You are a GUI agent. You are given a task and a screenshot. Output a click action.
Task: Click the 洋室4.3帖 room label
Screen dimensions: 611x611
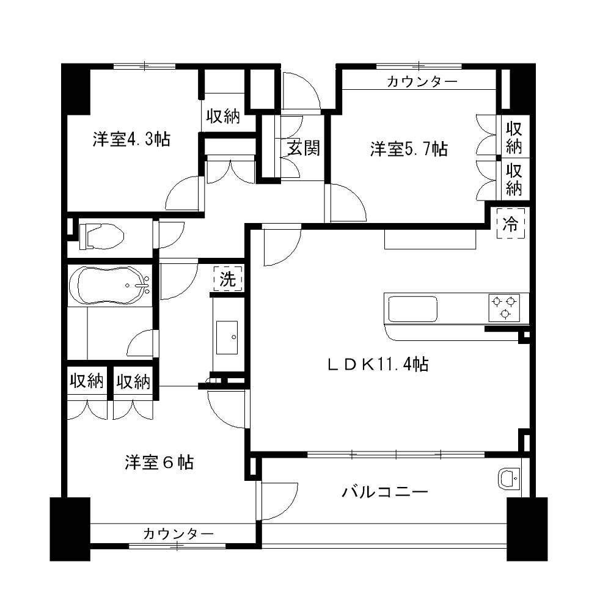[131, 139]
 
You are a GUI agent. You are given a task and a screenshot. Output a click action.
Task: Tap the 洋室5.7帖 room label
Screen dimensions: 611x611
[409, 149]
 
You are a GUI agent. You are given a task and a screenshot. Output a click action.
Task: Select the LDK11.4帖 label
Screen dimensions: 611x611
[377, 365]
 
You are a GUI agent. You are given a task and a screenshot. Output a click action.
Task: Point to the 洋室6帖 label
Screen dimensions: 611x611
[159, 463]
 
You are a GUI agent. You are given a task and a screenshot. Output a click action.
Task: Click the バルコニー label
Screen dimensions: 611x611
[384, 492]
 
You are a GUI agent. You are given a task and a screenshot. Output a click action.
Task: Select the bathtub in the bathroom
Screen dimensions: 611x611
[110, 285]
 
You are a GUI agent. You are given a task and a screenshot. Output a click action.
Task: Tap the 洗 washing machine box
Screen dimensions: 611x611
[228, 280]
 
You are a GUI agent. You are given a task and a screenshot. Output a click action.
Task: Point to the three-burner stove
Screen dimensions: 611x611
[504, 306]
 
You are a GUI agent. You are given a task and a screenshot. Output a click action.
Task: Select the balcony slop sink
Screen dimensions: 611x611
[508, 478]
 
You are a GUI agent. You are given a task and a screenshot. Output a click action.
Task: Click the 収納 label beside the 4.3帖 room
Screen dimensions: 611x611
[222, 116]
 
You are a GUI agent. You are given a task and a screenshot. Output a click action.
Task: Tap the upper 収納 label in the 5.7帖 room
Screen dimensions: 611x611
[514, 138]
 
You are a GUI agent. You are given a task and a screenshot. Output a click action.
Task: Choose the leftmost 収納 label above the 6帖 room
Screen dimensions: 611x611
[86, 382]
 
